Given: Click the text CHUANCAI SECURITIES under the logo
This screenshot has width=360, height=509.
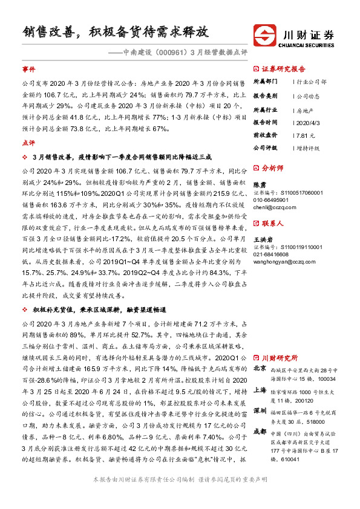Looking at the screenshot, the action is pos(307,44).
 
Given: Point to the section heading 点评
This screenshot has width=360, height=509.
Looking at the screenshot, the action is pos(28,143).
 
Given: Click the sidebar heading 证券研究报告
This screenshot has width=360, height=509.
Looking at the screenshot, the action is pos(284,69).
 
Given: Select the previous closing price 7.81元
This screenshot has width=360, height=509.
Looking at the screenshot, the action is pos(306,135).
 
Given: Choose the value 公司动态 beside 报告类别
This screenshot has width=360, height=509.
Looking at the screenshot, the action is pos(308,96).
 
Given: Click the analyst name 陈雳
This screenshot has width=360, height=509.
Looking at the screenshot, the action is pos(258,185).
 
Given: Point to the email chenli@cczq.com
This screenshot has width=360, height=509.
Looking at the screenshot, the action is pos(273,207).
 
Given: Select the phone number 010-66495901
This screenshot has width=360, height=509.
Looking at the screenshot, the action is pos(271,199).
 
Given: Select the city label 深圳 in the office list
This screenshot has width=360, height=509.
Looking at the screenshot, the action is pos(260,410).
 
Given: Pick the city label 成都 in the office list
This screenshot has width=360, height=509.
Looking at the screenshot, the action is pos(260,431).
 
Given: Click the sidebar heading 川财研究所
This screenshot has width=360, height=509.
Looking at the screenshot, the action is pos(280,357).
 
